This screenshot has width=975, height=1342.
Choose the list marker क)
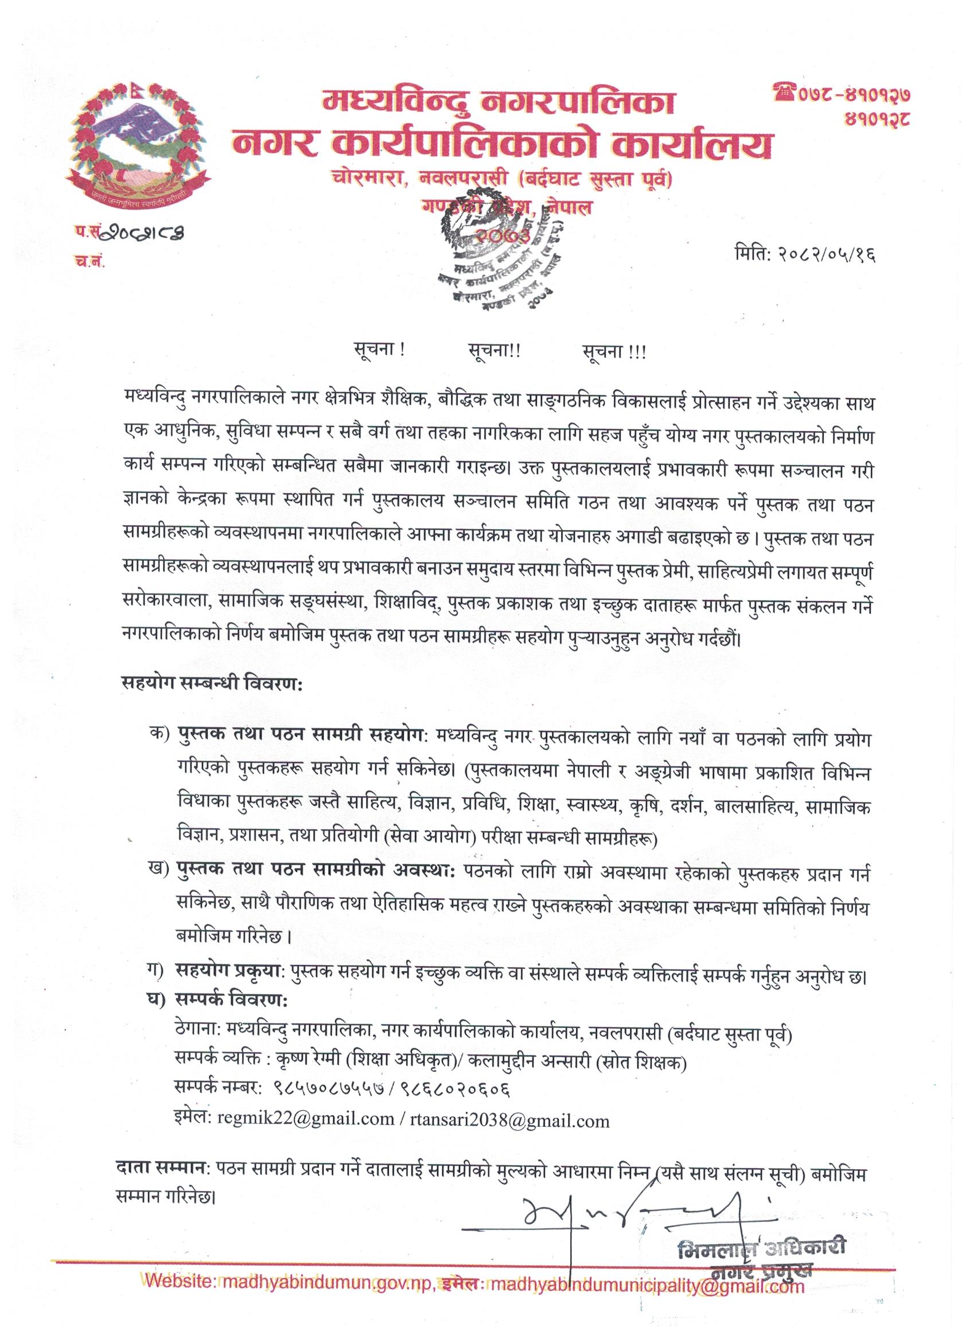coord(159,736)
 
